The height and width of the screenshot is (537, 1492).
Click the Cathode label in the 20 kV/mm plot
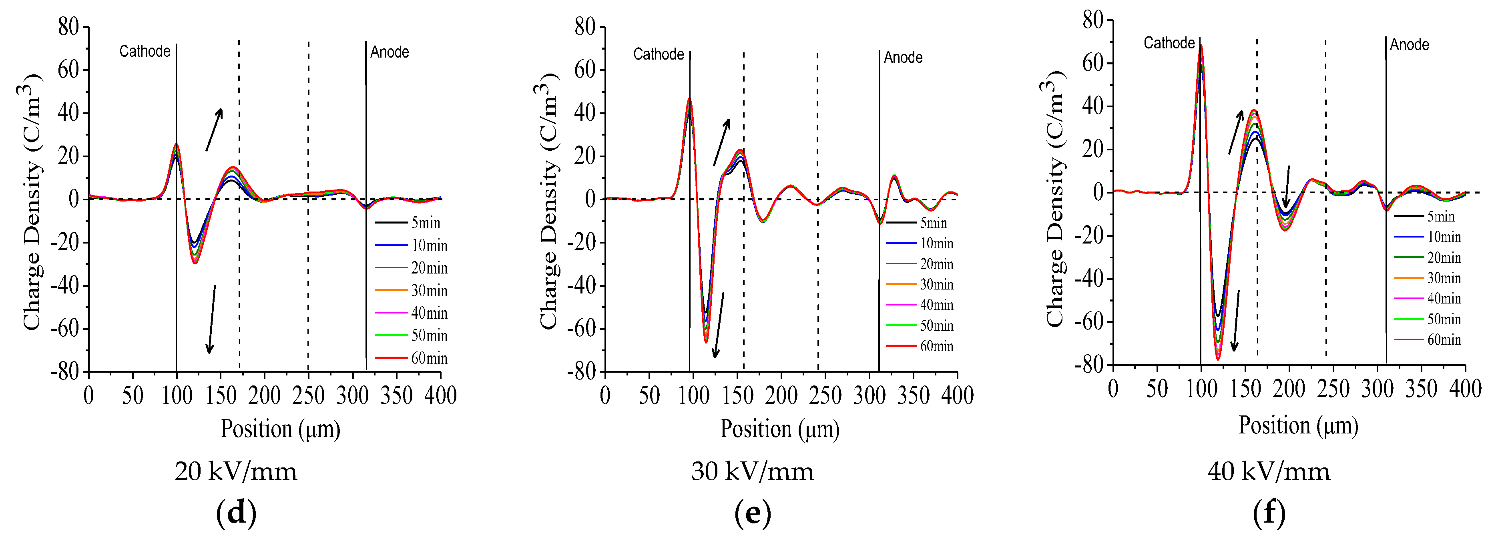(x=145, y=52)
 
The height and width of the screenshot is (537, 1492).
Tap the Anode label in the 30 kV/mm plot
(x=903, y=57)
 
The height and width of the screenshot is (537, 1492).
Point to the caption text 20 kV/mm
(x=236, y=471)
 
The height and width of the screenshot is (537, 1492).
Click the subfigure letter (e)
(x=752, y=513)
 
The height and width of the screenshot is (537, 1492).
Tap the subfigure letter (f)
(x=1269, y=513)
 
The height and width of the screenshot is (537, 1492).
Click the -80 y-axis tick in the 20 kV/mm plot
(x=65, y=371)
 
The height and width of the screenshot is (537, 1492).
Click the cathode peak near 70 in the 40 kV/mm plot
(x=1201, y=46)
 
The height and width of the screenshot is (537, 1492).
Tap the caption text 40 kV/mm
(x=1269, y=471)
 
